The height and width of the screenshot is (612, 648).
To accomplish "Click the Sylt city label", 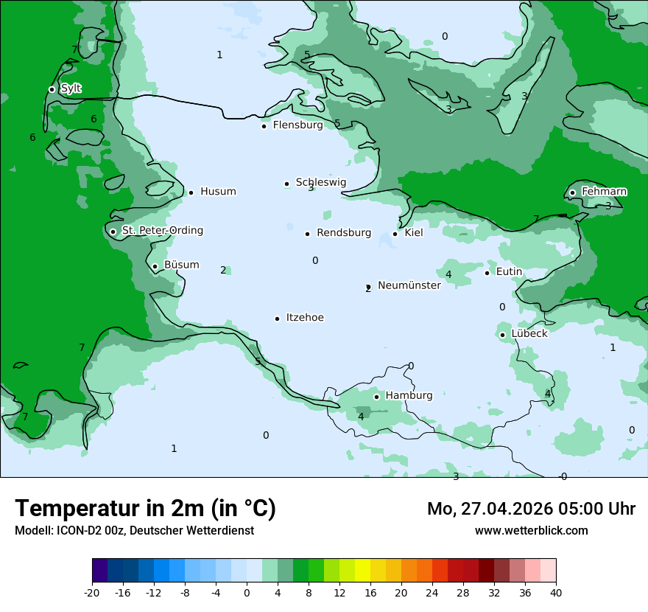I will tap(71, 88).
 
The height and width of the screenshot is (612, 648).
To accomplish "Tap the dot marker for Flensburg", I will tap(264, 126).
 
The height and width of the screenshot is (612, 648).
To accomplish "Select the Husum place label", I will tap(218, 192).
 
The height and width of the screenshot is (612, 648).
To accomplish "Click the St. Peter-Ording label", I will tap(162, 231).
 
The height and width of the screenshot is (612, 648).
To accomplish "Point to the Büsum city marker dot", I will tap(155, 267).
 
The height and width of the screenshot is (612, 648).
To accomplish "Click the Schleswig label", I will tap(320, 182).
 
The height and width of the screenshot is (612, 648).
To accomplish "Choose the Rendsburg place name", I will tap(343, 233).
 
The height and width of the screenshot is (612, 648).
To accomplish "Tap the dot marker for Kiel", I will tap(395, 234).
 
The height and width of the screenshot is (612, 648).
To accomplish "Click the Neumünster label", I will tap(409, 285).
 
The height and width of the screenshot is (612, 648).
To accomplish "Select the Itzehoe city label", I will tap(304, 318).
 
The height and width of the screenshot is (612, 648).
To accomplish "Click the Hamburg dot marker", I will tap(376, 397).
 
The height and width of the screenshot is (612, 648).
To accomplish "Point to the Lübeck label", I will tap(529, 333).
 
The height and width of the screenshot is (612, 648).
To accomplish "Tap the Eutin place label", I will tap(509, 271).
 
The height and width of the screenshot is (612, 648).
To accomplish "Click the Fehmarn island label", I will tap(604, 192).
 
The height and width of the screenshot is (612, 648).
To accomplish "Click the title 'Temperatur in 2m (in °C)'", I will tap(145, 508).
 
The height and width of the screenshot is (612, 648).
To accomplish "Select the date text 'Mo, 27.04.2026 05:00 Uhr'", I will tap(531, 509).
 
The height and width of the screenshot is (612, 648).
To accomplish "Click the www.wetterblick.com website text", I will tap(531, 530).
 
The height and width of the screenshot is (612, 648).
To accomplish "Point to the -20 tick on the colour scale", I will tap(92, 593).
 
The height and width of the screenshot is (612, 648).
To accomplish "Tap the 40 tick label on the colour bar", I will tap(556, 593).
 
